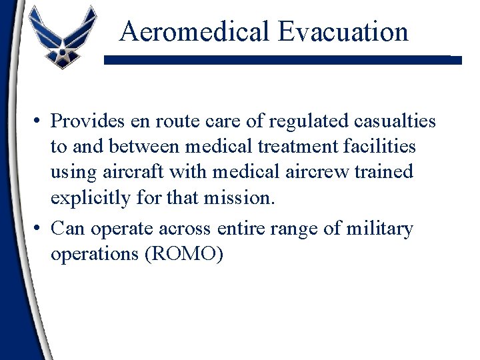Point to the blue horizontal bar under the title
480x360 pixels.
(x=283, y=60)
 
